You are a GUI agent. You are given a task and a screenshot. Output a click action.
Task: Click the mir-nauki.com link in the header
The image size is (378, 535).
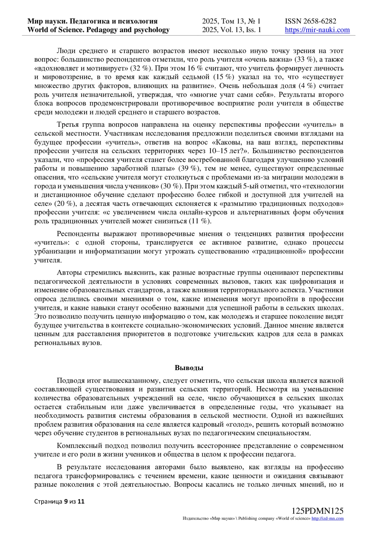click(317, 30)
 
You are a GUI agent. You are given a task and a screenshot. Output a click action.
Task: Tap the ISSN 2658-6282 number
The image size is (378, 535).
click(310, 21)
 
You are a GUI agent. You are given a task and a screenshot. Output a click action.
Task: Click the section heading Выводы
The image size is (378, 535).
click(189, 368)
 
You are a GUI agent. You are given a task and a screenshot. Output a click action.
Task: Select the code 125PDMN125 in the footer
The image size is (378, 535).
click(317, 511)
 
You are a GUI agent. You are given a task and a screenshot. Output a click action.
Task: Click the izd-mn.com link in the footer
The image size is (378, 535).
click(327, 519)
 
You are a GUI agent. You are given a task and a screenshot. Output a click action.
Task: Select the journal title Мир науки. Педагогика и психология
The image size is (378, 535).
click(93, 21)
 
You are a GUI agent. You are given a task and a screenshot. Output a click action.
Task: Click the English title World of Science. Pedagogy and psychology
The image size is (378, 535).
click(99, 30)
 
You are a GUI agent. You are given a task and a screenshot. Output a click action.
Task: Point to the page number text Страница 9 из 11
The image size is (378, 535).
click(59, 501)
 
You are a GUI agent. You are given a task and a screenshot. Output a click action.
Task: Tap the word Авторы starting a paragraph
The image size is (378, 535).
click(68, 273)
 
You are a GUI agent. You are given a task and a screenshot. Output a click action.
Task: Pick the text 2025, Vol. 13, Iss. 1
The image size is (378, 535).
click(232, 30)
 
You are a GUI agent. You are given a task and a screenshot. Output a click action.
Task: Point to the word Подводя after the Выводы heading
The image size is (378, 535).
click(70, 381)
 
